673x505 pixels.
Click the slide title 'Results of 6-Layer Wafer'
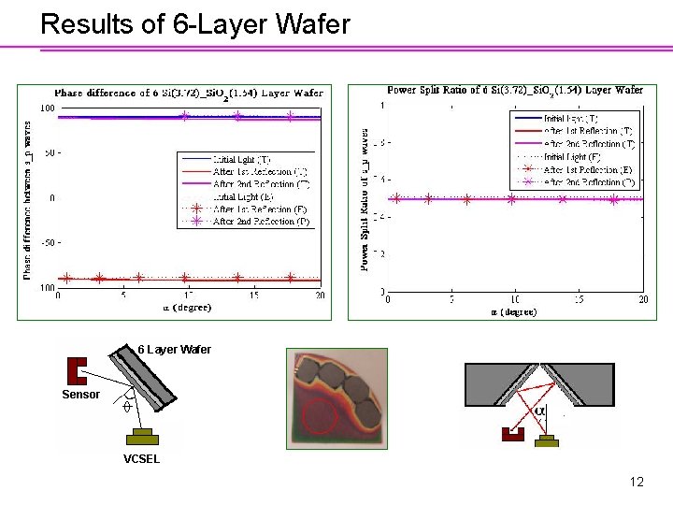195,23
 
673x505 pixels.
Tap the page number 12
637,483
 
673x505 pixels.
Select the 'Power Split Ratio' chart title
515,90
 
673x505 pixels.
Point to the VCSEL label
142,459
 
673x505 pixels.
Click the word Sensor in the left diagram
80,395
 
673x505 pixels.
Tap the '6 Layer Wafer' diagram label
174,350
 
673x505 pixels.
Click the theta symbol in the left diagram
125,408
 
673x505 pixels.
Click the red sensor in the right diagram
512,434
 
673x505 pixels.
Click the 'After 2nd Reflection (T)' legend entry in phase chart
262,185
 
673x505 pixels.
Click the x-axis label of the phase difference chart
187,307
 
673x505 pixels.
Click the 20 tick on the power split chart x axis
643,299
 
